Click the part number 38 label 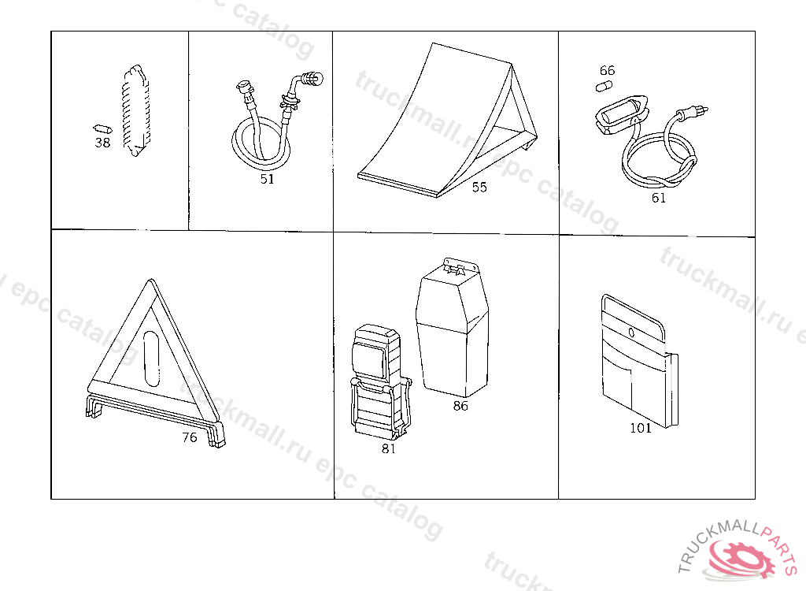(x=103, y=143)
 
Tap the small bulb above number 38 (x=102, y=128)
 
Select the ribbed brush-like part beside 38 (x=136, y=110)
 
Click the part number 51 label (x=268, y=179)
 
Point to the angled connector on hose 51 (x=309, y=80)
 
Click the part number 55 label (x=479, y=187)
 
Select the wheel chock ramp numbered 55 (x=447, y=121)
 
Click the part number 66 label (x=607, y=70)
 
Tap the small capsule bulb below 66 (x=604, y=86)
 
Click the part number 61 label (x=659, y=198)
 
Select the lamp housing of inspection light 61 (x=621, y=114)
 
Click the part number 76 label (x=190, y=437)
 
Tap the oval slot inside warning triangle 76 (x=151, y=359)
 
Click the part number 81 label (x=389, y=448)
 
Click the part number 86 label (x=460, y=406)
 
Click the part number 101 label (x=641, y=428)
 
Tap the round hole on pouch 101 (x=632, y=333)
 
